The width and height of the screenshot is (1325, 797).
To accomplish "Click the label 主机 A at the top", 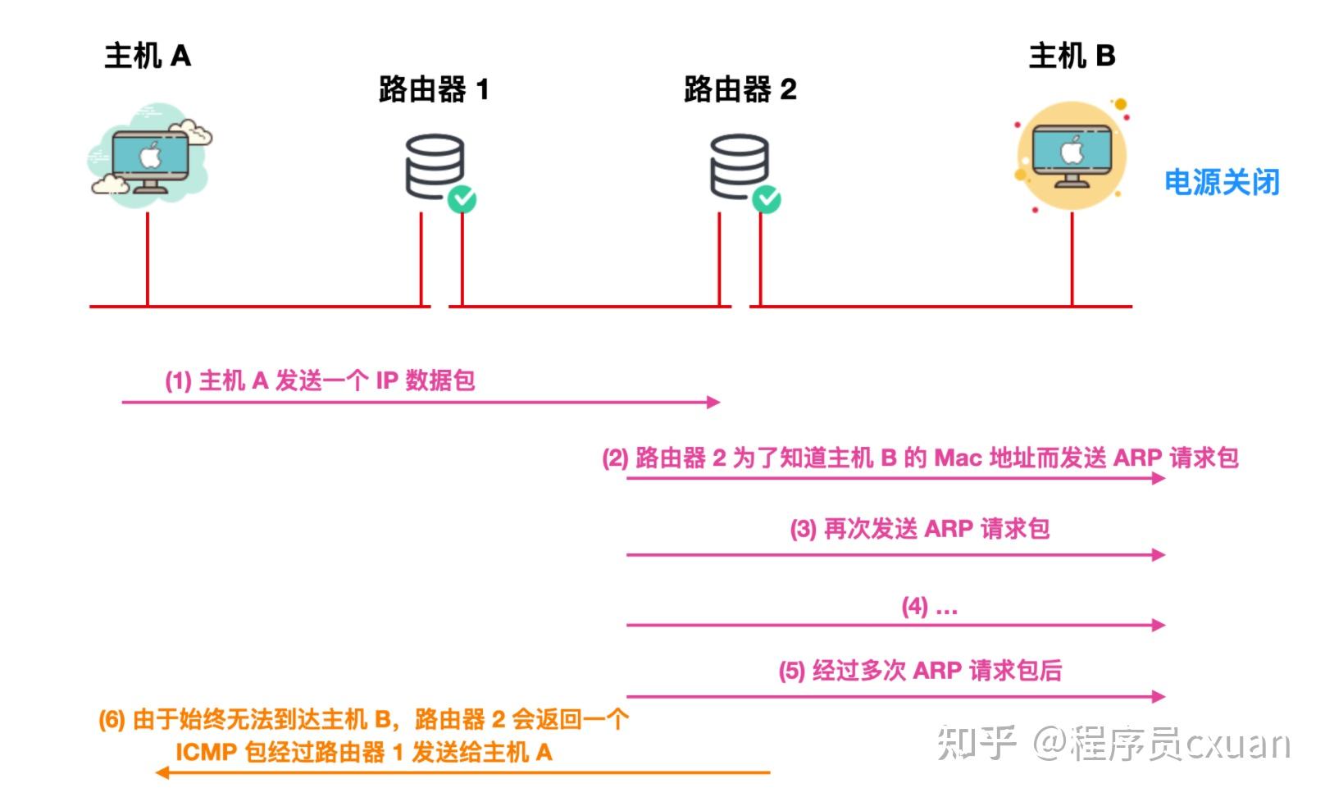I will pyautogui.click(x=148, y=56).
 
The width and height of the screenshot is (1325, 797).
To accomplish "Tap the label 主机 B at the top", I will pyautogui.click(x=1071, y=56).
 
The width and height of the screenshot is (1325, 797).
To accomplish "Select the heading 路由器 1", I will pyautogui.click(x=434, y=89).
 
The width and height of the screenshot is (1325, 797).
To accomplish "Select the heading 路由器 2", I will pyautogui.click(x=740, y=89).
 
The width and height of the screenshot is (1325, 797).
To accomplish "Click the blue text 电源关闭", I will pyautogui.click(x=1222, y=182).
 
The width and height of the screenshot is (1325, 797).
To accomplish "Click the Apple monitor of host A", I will pyautogui.click(x=150, y=157).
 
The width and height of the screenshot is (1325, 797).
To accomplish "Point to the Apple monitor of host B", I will pyautogui.click(x=1072, y=154).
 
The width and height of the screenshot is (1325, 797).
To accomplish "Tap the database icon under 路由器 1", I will pyautogui.click(x=435, y=166).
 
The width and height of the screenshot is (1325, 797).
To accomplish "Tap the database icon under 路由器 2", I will pyautogui.click(x=739, y=166).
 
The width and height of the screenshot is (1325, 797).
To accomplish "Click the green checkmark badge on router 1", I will pyautogui.click(x=462, y=199).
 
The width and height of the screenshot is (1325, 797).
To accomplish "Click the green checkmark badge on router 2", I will pyautogui.click(x=767, y=199).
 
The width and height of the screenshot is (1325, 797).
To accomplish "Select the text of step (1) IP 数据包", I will pyautogui.click(x=320, y=380).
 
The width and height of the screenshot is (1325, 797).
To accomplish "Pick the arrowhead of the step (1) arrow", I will pyautogui.click(x=714, y=402).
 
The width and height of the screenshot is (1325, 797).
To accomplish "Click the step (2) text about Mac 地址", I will pyautogui.click(x=920, y=458).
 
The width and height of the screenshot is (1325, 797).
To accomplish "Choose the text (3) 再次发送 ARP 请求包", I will pyautogui.click(x=919, y=529).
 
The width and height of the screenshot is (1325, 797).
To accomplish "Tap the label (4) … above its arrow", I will pyautogui.click(x=929, y=607).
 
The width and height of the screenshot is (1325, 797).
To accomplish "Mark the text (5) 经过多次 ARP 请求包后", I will pyautogui.click(x=920, y=671).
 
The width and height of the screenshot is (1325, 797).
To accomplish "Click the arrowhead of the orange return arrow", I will pyautogui.click(x=162, y=772).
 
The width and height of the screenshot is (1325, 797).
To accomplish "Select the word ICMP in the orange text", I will pyautogui.click(x=206, y=751).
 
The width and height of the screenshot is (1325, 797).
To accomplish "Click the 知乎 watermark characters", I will pyautogui.click(x=976, y=743).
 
